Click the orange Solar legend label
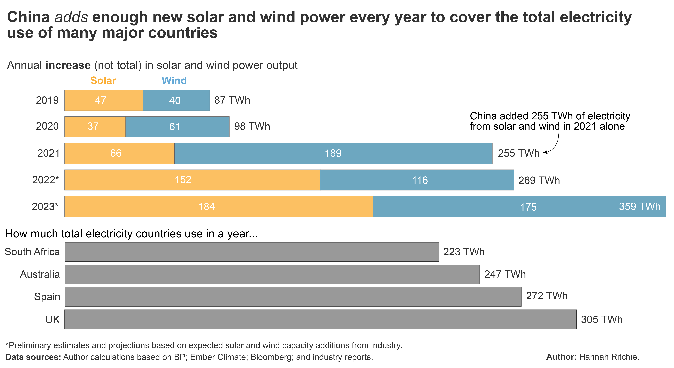click(103, 81)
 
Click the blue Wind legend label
click(174, 81)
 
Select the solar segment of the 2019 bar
click(104, 100)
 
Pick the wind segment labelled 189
click(333, 153)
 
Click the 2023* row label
click(45, 206)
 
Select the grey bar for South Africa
click(252, 252)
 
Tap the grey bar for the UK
click(320, 319)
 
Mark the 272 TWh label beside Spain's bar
click(547, 296)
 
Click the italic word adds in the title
click(71, 17)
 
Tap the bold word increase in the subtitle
click(68, 65)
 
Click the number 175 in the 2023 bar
click(528, 207)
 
